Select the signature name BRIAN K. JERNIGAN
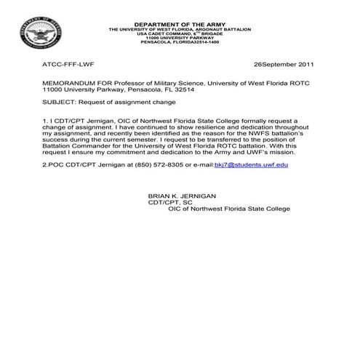(x=182, y=196)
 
